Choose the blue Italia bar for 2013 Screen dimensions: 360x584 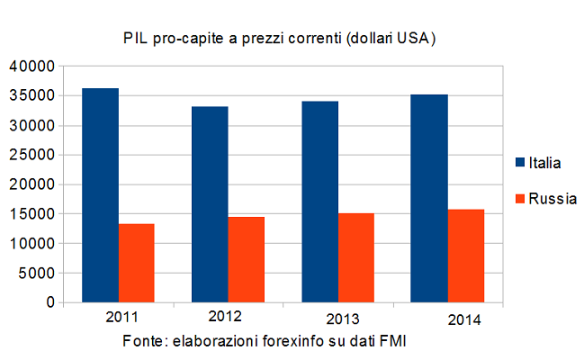[x=319, y=202]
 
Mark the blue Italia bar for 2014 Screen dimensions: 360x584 [x=429, y=198]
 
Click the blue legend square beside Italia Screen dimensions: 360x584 [x=519, y=163]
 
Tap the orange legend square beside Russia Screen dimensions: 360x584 [x=519, y=198]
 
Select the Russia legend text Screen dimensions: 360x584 [x=553, y=198]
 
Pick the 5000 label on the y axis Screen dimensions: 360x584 [x=38, y=273]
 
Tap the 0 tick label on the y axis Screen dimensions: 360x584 [x=49, y=302]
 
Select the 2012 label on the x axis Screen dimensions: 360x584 [x=225, y=317]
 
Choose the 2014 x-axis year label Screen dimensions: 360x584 [x=464, y=320]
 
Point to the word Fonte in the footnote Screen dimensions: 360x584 [x=145, y=342]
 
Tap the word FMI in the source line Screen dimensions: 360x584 [x=402, y=342]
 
